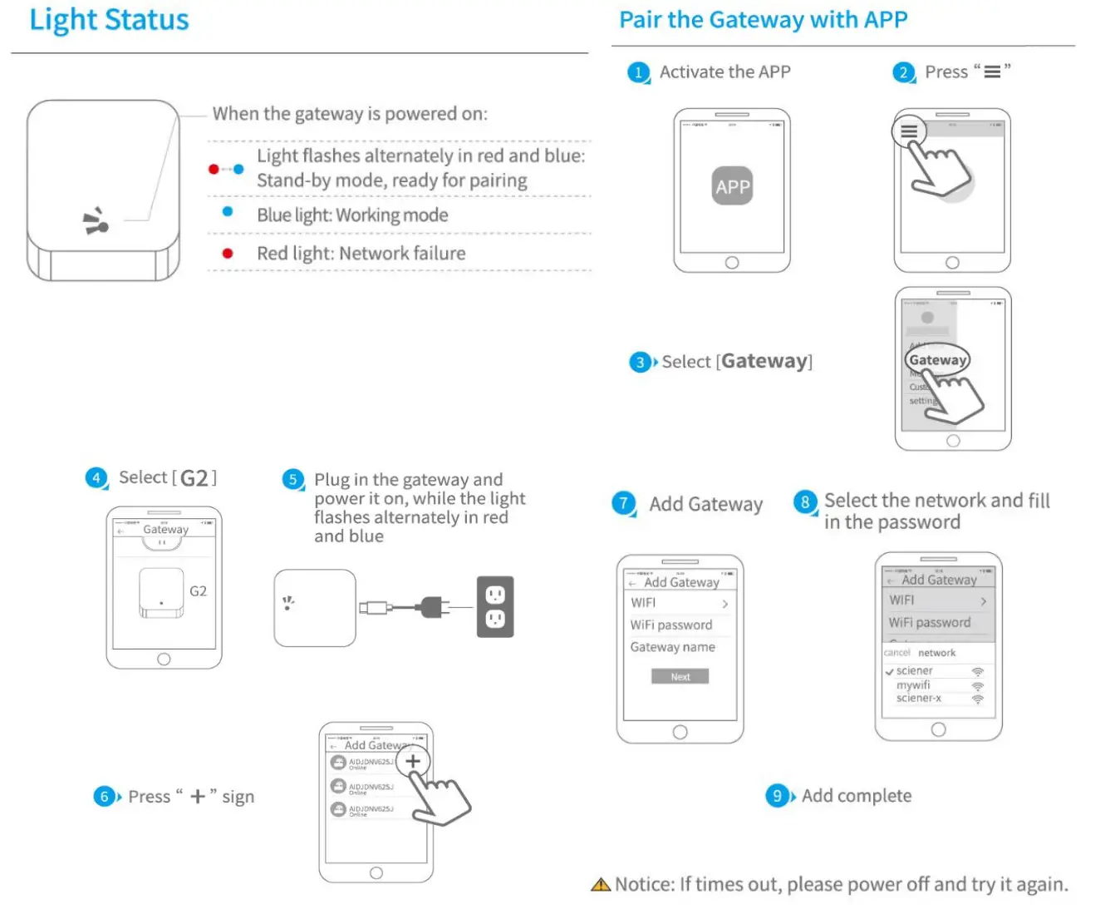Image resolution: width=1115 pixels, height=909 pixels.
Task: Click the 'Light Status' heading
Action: coord(109,20)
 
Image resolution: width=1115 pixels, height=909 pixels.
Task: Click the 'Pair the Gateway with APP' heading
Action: coord(763,20)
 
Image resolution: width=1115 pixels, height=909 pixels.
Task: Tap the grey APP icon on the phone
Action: coord(732,186)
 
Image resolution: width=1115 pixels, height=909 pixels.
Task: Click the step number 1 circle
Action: coord(638,72)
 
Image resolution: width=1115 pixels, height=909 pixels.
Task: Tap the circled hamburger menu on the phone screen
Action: coord(909,131)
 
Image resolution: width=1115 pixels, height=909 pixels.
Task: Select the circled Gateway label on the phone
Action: coord(937,360)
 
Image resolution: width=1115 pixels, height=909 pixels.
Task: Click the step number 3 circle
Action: coord(640,362)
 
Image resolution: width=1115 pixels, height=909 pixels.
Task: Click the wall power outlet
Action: coord(495,607)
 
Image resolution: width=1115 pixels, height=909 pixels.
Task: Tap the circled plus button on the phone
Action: coord(413,760)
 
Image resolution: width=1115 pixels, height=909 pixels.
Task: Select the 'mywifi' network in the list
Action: coord(913,685)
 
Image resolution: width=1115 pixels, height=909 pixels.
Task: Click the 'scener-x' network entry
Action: coord(918,699)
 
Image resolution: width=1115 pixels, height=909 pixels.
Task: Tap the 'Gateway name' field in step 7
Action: coord(672,647)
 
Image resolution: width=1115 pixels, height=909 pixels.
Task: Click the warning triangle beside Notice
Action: coord(601,885)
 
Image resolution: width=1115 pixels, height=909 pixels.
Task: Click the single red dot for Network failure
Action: coord(228,254)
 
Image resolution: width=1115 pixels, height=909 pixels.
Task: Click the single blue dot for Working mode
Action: coord(228,212)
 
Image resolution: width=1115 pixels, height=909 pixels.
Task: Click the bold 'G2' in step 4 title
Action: coord(194,478)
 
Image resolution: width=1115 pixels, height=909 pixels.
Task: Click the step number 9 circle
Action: coord(777,796)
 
